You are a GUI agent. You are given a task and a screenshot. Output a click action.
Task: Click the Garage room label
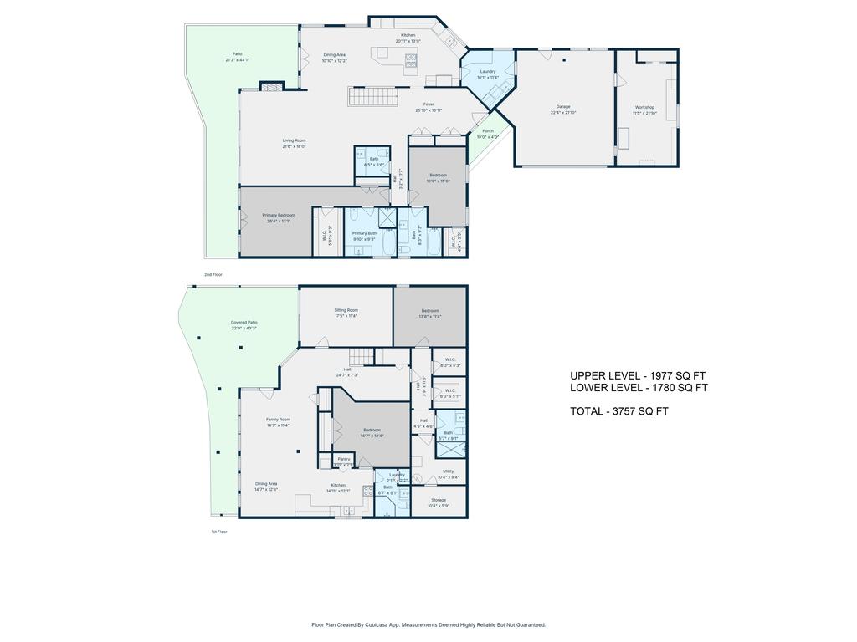563,107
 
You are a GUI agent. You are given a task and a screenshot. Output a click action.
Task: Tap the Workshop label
644,107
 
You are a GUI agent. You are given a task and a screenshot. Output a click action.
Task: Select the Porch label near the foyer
487,130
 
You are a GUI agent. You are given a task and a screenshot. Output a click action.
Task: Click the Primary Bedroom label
278,215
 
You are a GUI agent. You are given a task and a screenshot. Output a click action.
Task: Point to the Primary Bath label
365,233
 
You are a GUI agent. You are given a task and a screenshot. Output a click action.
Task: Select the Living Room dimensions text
294,146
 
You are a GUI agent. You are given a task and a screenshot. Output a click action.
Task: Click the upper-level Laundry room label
487,71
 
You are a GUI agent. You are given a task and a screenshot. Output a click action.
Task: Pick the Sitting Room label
346,310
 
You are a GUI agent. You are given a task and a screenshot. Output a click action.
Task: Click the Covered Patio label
244,322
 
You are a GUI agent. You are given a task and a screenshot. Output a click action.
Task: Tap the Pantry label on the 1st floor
344,458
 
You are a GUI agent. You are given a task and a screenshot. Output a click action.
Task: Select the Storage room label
439,500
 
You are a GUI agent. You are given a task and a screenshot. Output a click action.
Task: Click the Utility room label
449,471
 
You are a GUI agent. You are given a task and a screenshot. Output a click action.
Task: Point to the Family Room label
278,419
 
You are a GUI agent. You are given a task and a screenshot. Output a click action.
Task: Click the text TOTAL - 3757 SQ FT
619,411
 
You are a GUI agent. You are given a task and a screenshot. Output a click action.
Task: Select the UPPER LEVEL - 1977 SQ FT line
639,376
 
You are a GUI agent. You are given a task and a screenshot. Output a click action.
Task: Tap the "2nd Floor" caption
213,274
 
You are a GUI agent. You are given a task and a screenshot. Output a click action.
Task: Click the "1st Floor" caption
218,532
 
